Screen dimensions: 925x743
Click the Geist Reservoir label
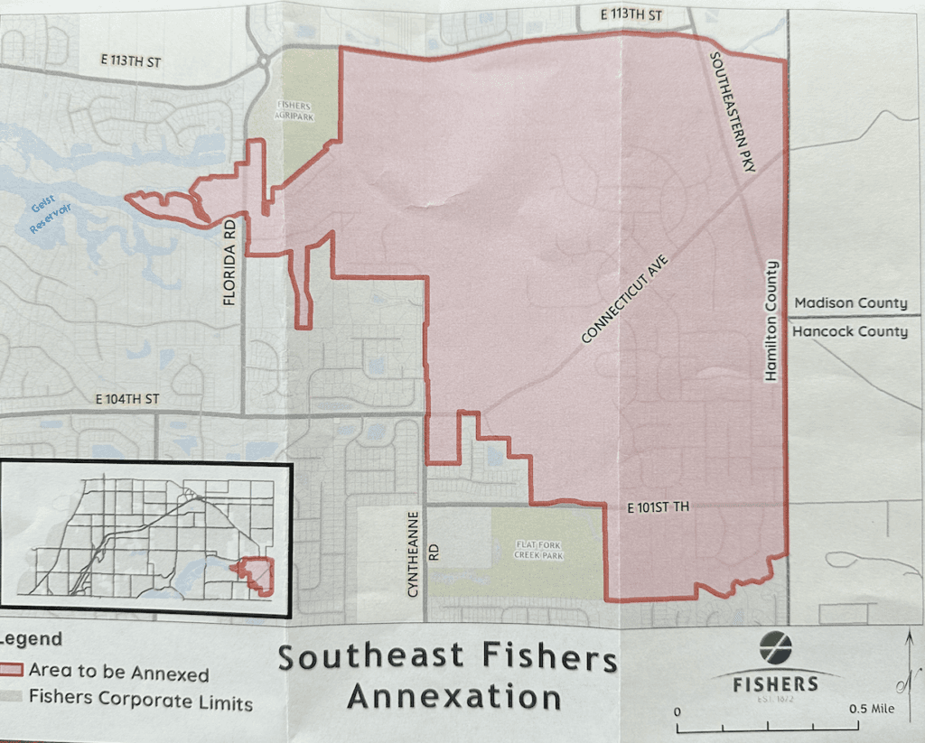[50, 218]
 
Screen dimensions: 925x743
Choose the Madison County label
[851, 303]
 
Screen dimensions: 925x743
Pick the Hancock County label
[851, 331]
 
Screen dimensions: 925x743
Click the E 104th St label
[127, 399]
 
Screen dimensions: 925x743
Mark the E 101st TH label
[659, 508]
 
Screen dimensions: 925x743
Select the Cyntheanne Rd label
[415, 552]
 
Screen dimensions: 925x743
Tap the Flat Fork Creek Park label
[539, 550]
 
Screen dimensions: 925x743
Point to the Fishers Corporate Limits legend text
[141, 700]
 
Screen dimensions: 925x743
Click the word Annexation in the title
[454, 697]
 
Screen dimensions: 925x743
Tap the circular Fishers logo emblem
[775, 647]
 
